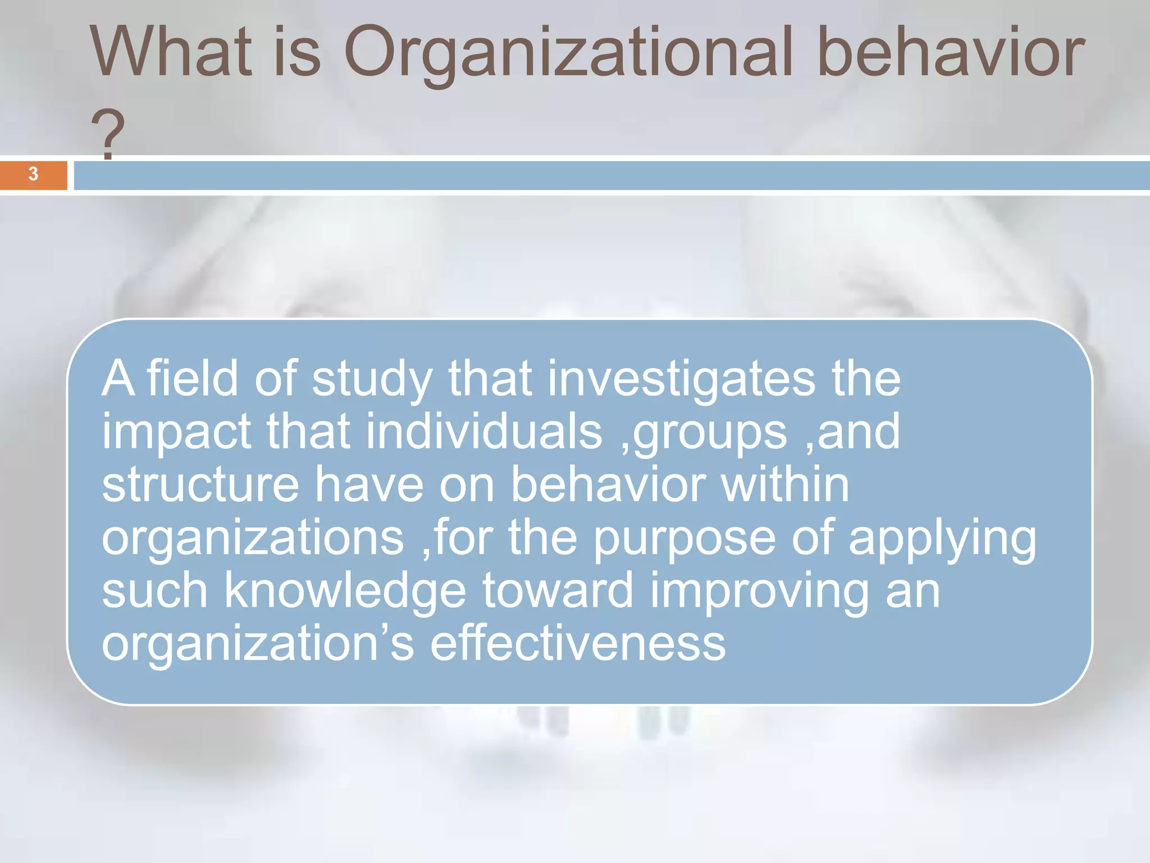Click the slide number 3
click(33, 174)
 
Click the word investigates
click(681, 379)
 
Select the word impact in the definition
click(176, 433)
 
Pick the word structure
click(200, 485)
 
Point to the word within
click(785, 485)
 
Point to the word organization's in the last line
click(258, 645)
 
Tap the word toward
click(558, 591)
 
